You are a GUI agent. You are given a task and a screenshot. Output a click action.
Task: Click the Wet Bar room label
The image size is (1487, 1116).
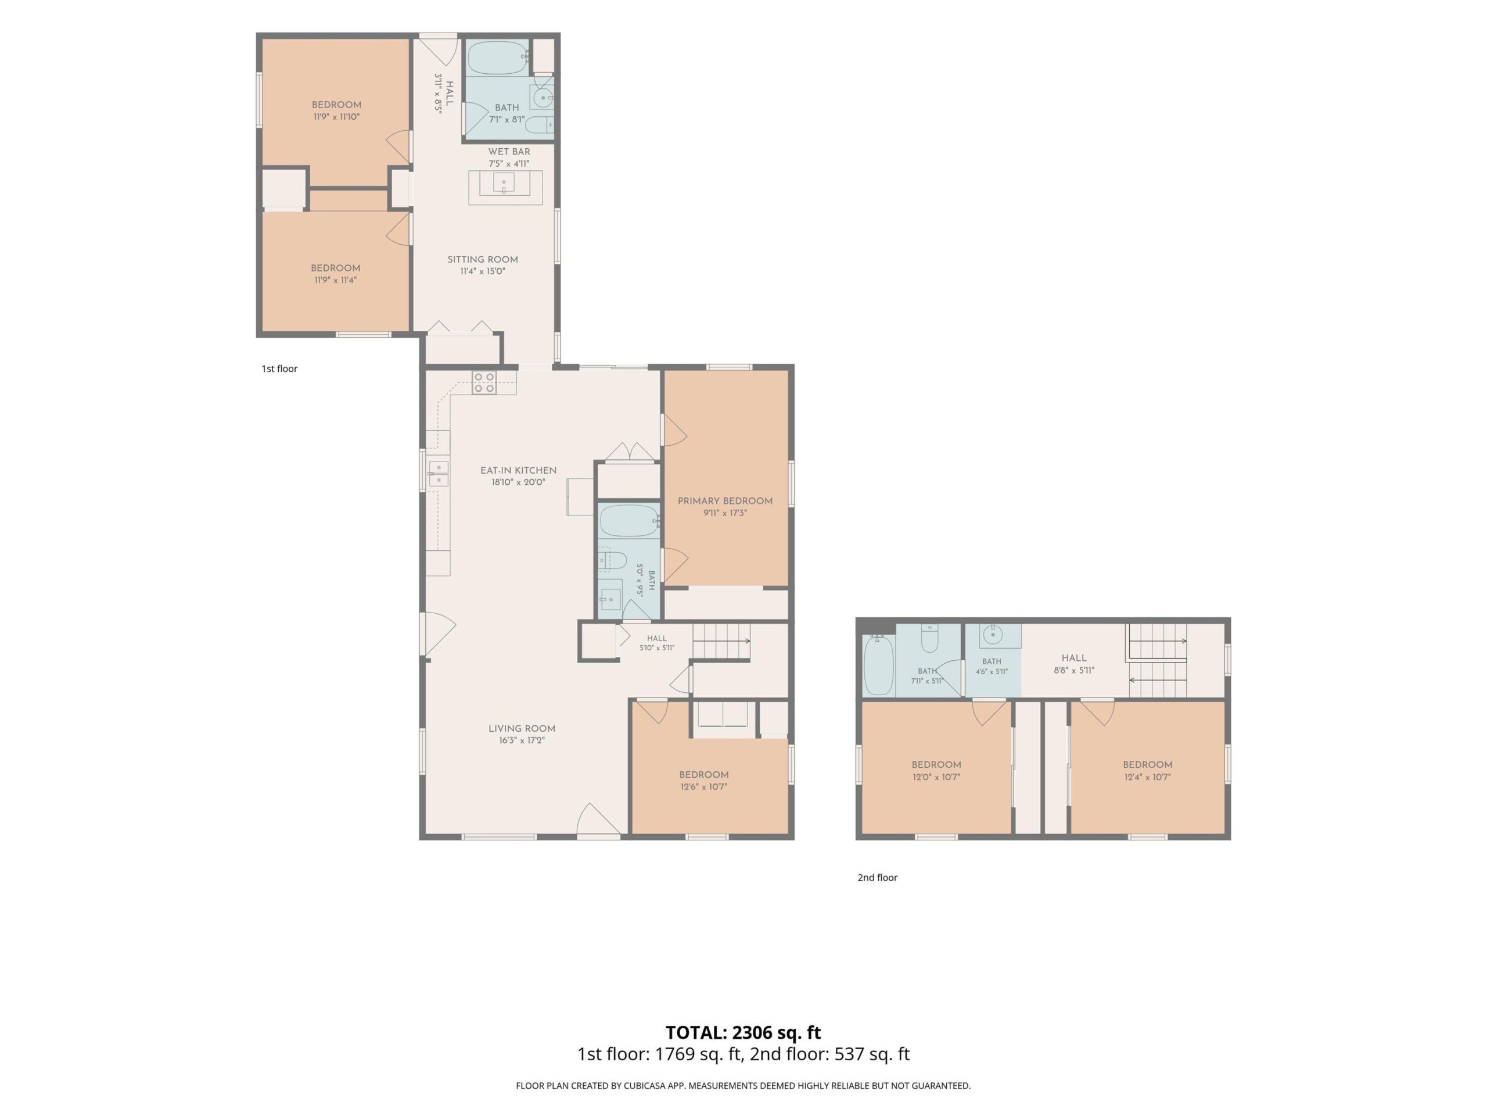pos(509,152)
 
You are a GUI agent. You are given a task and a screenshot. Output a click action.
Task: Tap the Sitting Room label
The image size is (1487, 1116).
pos(483,260)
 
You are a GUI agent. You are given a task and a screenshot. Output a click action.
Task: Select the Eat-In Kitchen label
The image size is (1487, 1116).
pos(518,471)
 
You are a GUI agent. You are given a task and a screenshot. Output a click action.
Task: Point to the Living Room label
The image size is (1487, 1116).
pos(522,728)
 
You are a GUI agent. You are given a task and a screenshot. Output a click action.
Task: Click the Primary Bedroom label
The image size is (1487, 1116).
pos(725,501)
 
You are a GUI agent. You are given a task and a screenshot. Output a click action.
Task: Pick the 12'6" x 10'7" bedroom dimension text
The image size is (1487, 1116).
pos(703,787)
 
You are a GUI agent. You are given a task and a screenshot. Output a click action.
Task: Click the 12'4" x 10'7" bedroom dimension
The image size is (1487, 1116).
pos(1148,777)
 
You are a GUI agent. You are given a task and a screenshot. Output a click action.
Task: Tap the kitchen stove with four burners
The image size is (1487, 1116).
pos(484,383)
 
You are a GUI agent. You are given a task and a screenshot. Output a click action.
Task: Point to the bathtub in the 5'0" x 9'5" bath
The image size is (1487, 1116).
pos(629,521)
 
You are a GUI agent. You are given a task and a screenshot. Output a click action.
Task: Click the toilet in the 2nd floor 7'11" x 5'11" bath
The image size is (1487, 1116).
pos(929,639)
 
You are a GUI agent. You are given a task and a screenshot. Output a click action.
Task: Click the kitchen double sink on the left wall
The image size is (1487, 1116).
pos(437,474)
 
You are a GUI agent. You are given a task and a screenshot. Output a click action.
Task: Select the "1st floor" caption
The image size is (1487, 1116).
pos(279,369)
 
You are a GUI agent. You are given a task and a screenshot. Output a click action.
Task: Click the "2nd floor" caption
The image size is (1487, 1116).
pos(877,877)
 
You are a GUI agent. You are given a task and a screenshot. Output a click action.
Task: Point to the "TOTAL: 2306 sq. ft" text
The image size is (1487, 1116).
pos(743,1032)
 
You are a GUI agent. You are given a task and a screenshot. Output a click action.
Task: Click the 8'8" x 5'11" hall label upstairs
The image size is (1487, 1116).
pos(1074,664)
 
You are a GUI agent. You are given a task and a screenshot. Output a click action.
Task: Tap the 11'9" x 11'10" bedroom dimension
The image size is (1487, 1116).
pos(337,117)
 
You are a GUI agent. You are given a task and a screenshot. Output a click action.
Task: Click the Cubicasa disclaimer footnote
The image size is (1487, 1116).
pos(743,1085)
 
